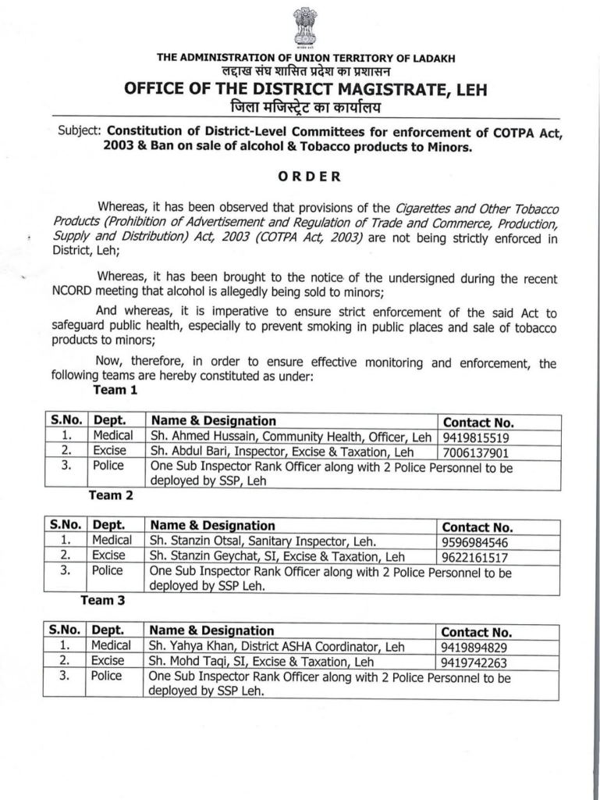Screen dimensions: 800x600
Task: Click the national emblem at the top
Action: pyautogui.click(x=305, y=27)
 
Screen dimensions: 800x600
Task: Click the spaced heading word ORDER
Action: pyautogui.click(x=310, y=176)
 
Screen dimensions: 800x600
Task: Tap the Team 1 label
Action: pyautogui.click(x=115, y=389)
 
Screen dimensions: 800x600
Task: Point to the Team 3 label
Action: pyautogui.click(x=102, y=600)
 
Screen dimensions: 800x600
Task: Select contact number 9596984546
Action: pyautogui.click(x=474, y=542)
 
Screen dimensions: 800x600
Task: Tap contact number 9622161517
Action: pyautogui.click(x=474, y=557)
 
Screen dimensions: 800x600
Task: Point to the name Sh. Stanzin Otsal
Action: pyautogui.click(x=191, y=541)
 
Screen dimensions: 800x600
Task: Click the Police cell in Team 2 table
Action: pyautogui.click(x=107, y=570)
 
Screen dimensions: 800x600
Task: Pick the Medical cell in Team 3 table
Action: pyautogui.click(x=111, y=645)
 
